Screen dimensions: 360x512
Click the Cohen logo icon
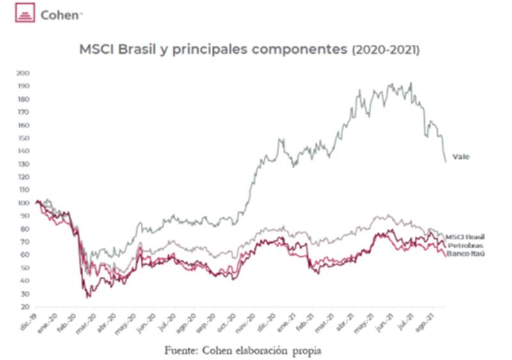(26, 14)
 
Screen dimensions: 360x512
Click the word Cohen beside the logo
(59, 14)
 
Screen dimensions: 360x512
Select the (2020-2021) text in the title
(385, 49)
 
